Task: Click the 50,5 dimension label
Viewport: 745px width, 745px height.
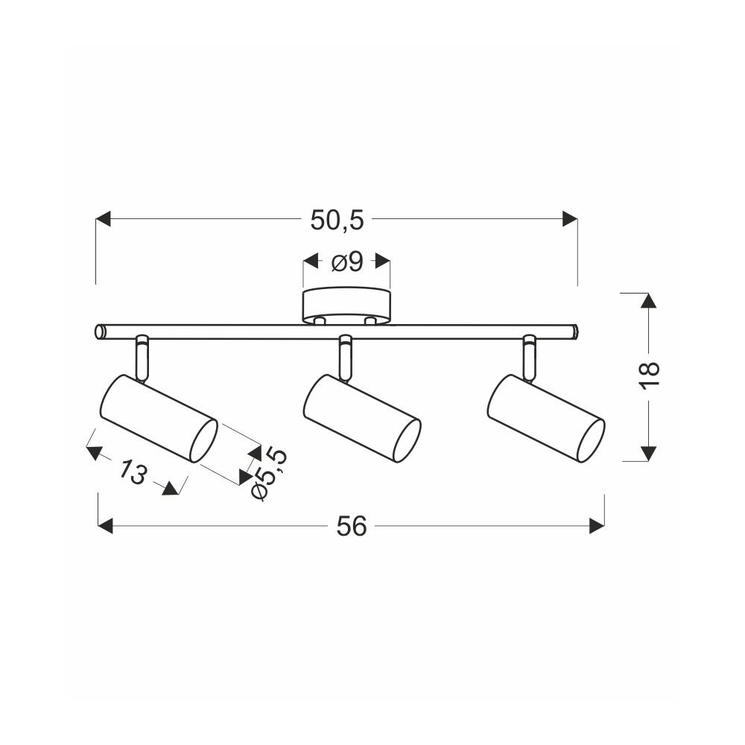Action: tap(337, 221)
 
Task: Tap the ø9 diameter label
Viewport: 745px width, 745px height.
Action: tap(347, 261)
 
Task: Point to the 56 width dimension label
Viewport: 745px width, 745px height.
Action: tap(352, 527)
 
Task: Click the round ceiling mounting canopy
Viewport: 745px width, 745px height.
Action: tap(347, 306)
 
